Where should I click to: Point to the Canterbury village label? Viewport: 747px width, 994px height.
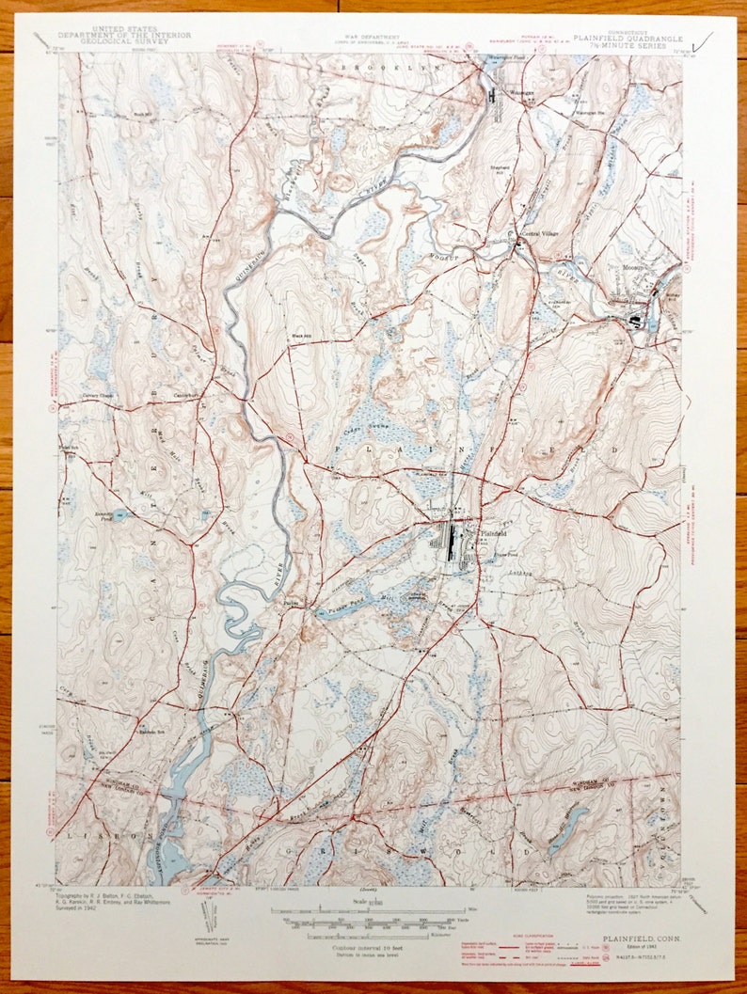(x=187, y=395)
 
